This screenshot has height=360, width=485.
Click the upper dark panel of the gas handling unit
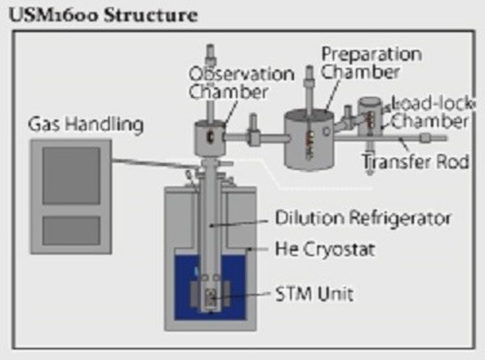click(x=71, y=175)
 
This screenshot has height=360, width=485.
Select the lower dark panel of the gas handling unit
click(x=71, y=229)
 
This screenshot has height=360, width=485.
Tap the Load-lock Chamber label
click(x=428, y=112)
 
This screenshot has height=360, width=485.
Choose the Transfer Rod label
click(x=415, y=161)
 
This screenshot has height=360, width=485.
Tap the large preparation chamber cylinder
click(x=310, y=139)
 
